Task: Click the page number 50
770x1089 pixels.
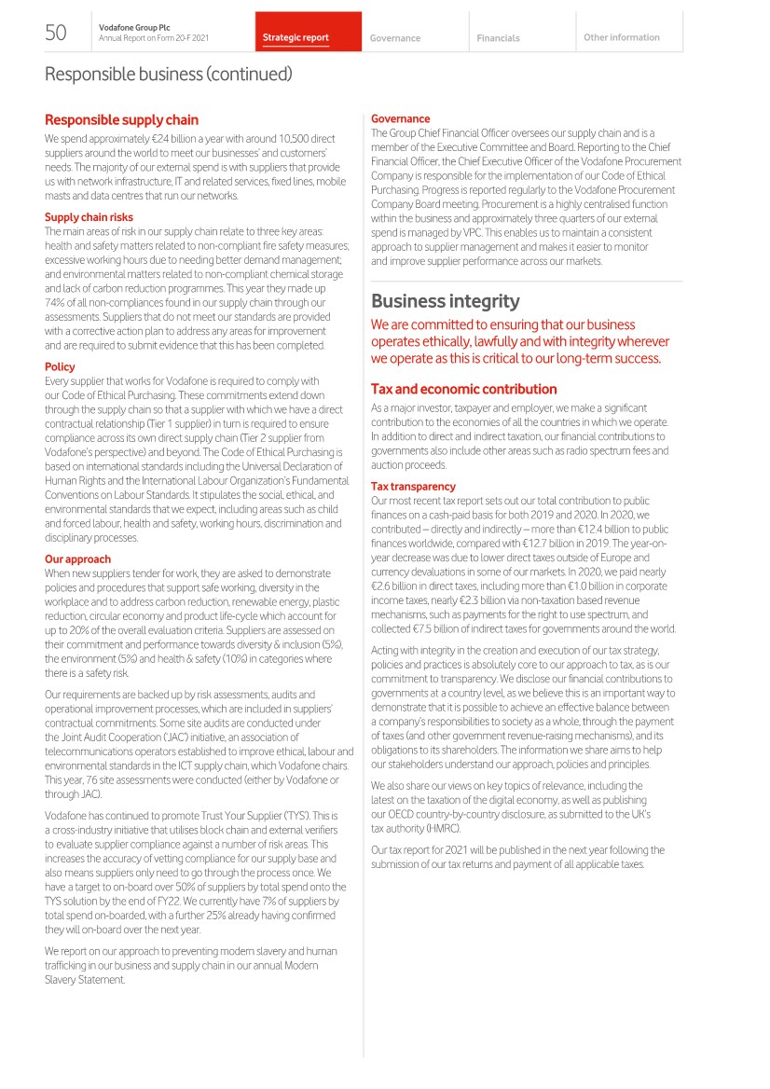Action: point(56,34)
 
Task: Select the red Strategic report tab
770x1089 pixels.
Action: point(296,38)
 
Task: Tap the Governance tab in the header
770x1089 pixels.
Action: point(394,38)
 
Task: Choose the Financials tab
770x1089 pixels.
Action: point(498,38)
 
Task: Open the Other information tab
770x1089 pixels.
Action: point(621,37)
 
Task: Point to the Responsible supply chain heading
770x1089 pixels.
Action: point(121,120)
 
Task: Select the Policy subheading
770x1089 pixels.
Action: point(60,366)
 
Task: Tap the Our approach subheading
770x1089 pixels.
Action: point(77,559)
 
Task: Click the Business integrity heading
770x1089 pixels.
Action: point(445,301)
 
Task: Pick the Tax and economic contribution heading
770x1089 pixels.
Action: point(463,389)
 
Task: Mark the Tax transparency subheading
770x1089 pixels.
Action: point(413,487)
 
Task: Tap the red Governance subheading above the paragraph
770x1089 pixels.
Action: point(400,118)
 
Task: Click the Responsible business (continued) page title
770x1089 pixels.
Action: point(169,74)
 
